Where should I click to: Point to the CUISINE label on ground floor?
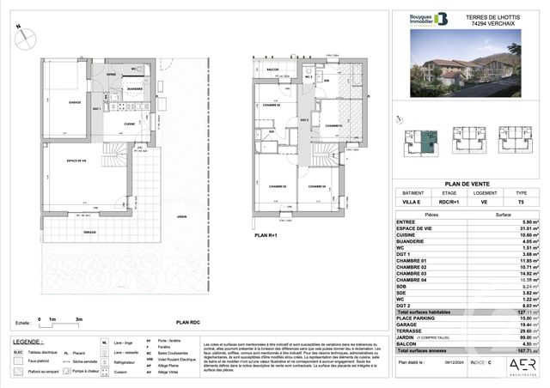coord(128,124)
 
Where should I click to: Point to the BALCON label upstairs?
coord(271,70)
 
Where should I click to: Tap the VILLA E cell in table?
coord(408,204)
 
